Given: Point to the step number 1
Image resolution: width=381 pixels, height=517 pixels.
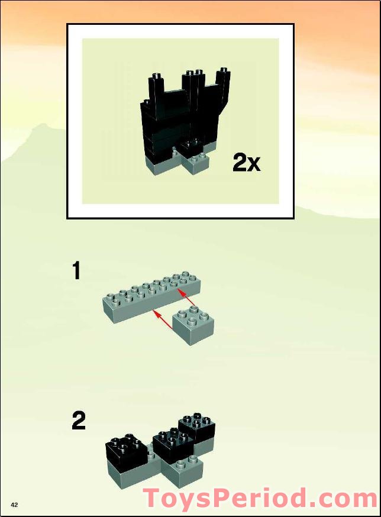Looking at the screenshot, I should (x=76, y=271).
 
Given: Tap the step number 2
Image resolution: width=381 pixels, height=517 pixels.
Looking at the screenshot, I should (x=79, y=421).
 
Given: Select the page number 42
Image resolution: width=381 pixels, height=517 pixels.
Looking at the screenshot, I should (x=14, y=505).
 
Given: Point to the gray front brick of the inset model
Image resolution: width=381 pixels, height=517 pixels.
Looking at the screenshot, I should (x=196, y=164).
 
